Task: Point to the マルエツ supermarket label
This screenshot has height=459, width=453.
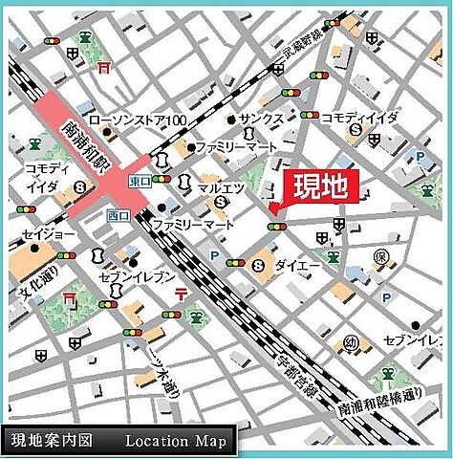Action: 219,188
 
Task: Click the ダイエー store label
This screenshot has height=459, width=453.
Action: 291,263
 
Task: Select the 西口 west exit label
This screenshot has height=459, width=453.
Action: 119,213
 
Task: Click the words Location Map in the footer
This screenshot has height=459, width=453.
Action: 177,440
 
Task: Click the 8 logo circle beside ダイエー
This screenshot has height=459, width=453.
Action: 258,264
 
